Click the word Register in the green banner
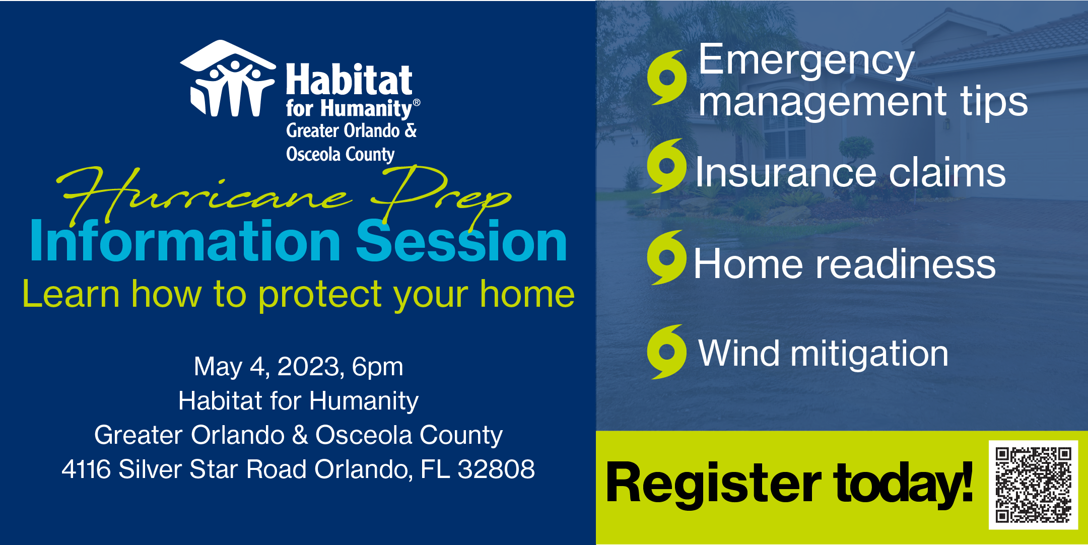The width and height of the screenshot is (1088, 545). [713, 484]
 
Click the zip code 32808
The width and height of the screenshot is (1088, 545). [496, 469]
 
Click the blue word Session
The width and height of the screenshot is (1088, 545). [462, 242]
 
